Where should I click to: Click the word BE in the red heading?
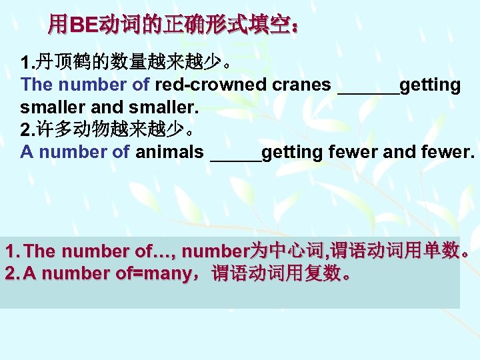tap(83, 26)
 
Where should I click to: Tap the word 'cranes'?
tap(302, 85)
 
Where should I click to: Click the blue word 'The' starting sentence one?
tap(37, 85)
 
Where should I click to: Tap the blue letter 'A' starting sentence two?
tap(26, 152)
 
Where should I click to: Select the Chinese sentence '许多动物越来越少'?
tap(109, 129)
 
